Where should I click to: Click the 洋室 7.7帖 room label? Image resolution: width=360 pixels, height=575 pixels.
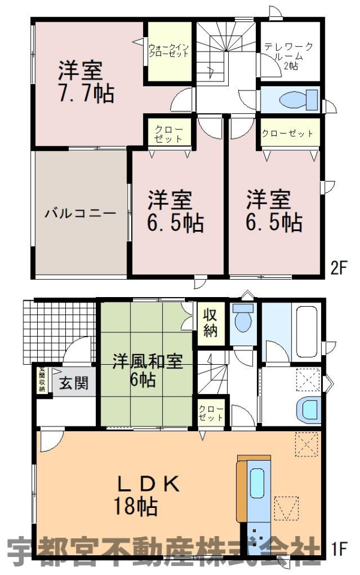point(86,82)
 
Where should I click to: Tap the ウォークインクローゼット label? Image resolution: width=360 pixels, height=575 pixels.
point(169,50)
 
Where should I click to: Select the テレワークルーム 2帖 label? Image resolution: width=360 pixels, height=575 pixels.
point(289,56)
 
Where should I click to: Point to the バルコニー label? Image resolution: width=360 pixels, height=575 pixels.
point(81,213)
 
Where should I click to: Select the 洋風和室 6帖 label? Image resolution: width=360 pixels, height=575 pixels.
point(147,370)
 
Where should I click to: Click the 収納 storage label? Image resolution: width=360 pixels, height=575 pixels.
point(210,323)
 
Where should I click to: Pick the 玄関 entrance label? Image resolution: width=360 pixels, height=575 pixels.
point(74,383)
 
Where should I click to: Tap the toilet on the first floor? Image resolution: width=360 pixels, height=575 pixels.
point(243,318)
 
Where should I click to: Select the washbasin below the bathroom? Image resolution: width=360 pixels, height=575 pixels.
point(309,411)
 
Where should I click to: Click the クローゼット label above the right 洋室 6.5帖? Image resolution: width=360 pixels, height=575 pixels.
point(288,133)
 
